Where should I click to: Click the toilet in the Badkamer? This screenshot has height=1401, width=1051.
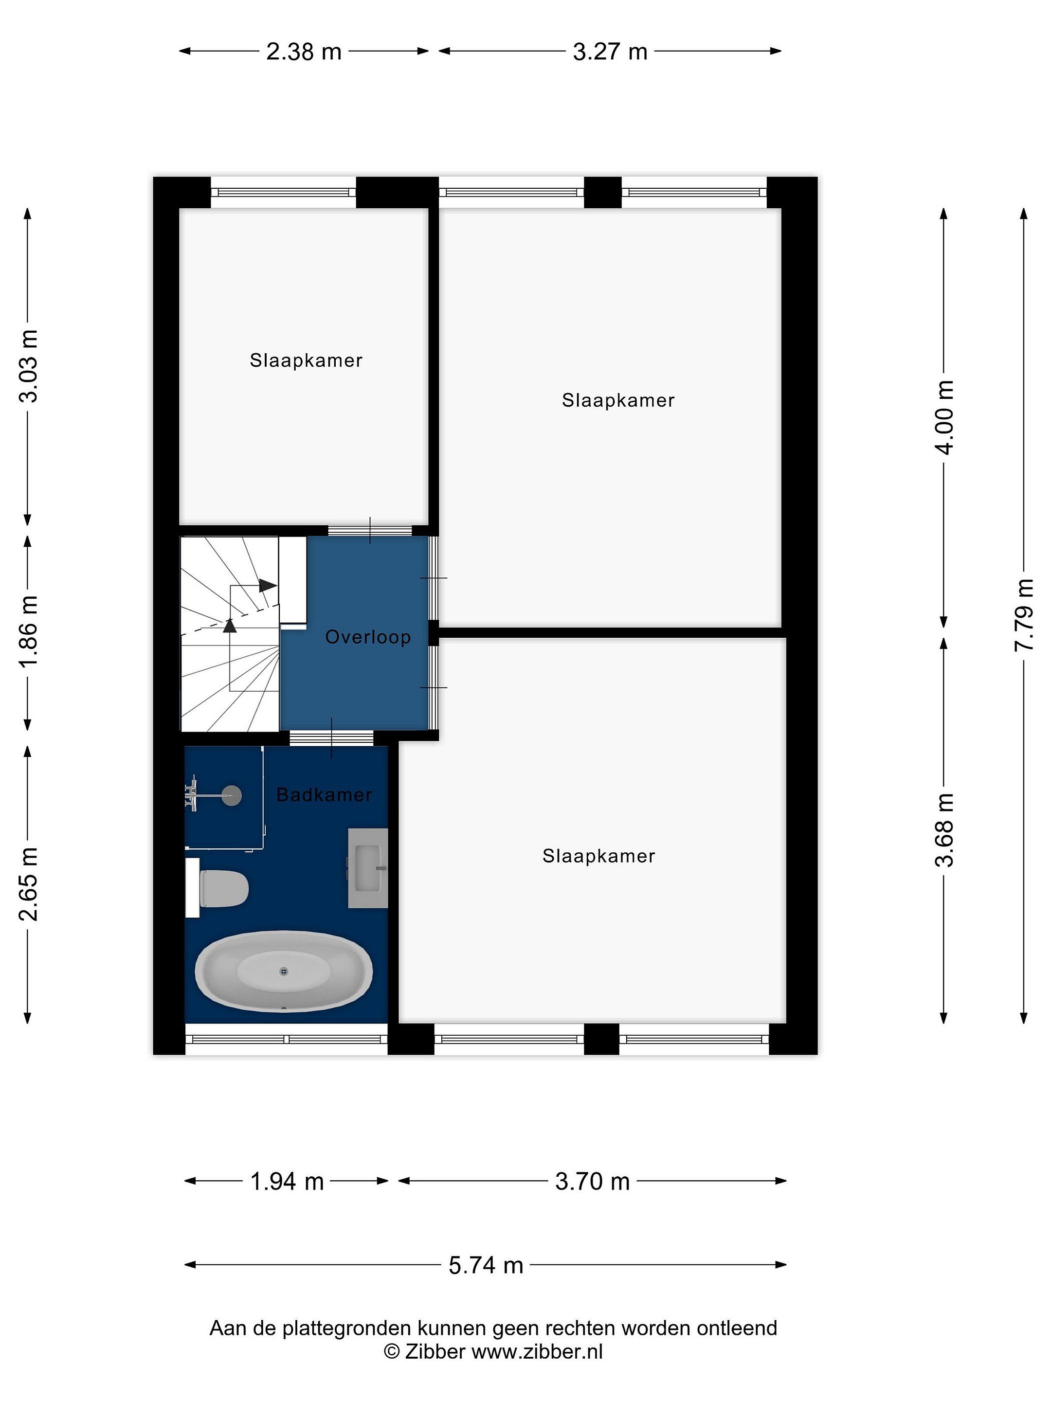pos(223,888)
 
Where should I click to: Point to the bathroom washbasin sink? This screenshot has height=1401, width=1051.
pos(367,868)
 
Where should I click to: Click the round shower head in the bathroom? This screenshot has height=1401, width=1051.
pos(232,795)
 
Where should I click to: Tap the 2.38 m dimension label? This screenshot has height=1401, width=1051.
pos(304,51)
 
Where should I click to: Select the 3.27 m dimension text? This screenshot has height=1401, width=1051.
pos(610,51)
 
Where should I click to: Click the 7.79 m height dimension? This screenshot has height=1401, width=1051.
pos(1024,615)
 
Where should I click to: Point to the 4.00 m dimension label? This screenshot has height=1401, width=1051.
pos(944,417)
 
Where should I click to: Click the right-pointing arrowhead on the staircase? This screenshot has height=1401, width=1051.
pos(267,585)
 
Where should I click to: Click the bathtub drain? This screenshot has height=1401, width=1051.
pos(284,971)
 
